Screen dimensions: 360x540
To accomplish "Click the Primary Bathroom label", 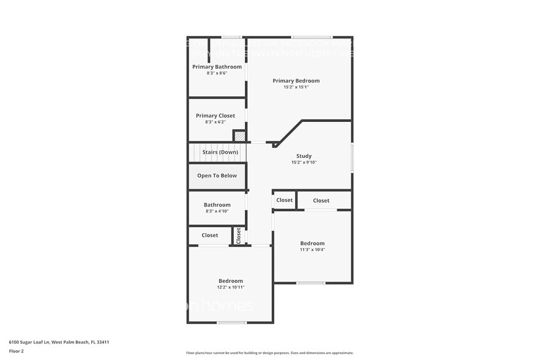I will (x=217, y=67).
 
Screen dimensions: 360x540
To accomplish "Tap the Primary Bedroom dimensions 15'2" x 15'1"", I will (x=296, y=87).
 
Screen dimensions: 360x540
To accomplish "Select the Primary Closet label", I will (x=215, y=116).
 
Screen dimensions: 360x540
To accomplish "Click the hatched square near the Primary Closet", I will (x=239, y=135).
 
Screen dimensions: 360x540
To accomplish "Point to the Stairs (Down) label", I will (x=220, y=152).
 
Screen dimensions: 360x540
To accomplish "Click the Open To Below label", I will (x=217, y=176).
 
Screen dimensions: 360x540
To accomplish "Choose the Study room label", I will (x=304, y=156).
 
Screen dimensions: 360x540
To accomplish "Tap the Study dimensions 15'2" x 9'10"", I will (x=304, y=162).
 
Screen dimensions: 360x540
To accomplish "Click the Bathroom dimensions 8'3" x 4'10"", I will (x=217, y=211).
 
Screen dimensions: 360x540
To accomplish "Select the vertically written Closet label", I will (x=239, y=236).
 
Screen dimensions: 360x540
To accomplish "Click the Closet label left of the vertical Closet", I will (x=209, y=235).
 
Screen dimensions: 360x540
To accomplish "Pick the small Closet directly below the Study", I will (x=284, y=200).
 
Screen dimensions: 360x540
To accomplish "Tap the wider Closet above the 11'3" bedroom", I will (x=321, y=200).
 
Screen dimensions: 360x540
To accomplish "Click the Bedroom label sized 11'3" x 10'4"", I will (x=312, y=243).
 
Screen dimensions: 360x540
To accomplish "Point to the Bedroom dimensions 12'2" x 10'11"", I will (x=230, y=287).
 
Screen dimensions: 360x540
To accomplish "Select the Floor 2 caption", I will (x=16, y=351).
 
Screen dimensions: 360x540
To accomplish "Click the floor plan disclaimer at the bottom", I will (x=269, y=353).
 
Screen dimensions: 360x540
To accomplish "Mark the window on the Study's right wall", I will (x=351, y=157).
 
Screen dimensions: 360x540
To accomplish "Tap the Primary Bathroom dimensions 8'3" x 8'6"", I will (x=217, y=73).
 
